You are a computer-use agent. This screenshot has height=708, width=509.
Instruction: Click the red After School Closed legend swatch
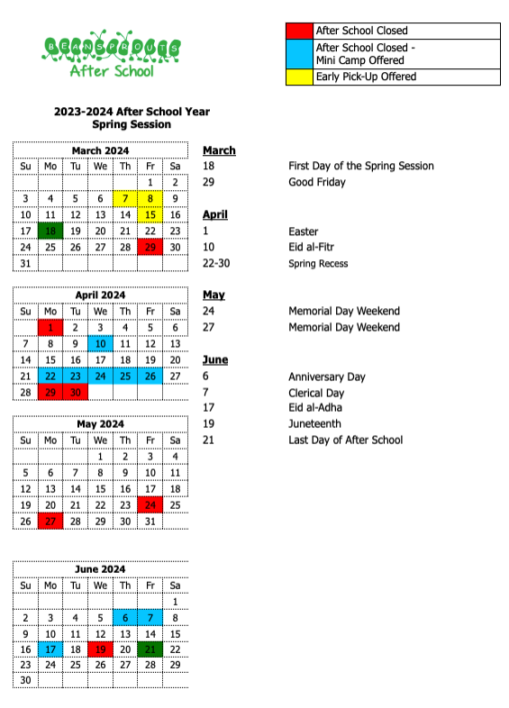tap(299, 31)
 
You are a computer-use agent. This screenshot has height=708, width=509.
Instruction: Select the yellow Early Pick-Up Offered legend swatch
tap(299, 77)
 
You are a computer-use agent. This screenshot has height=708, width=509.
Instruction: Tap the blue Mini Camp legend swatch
tap(299, 53)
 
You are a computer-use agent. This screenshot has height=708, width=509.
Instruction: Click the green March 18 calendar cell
tap(50, 231)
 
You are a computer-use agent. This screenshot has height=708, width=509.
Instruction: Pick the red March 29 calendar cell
tap(150, 247)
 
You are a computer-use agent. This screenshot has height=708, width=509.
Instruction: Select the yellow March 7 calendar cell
tap(125, 198)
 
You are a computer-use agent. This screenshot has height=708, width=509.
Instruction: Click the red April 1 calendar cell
tap(50, 327)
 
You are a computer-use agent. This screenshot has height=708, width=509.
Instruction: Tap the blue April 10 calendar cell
tap(100, 343)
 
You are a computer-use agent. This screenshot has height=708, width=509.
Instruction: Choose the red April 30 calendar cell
tap(76, 392)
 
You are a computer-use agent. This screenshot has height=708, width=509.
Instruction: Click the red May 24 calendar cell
tap(150, 504)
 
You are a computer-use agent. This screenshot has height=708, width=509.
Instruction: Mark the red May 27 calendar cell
tap(50, 521)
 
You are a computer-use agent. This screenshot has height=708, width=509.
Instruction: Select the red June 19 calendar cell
tap(100, 649)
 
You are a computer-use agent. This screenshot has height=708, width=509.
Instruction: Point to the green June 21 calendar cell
tap(150, 649)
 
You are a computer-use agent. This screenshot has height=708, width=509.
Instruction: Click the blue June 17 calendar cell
tap(50, 649)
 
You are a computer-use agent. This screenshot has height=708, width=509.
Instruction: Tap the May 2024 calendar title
tap(100, 424)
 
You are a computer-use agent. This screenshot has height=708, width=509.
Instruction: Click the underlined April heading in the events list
tap(215, 214)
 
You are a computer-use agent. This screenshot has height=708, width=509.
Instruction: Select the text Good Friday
tap(316, 182)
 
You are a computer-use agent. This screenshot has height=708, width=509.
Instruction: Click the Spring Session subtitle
tap(132, 124)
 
